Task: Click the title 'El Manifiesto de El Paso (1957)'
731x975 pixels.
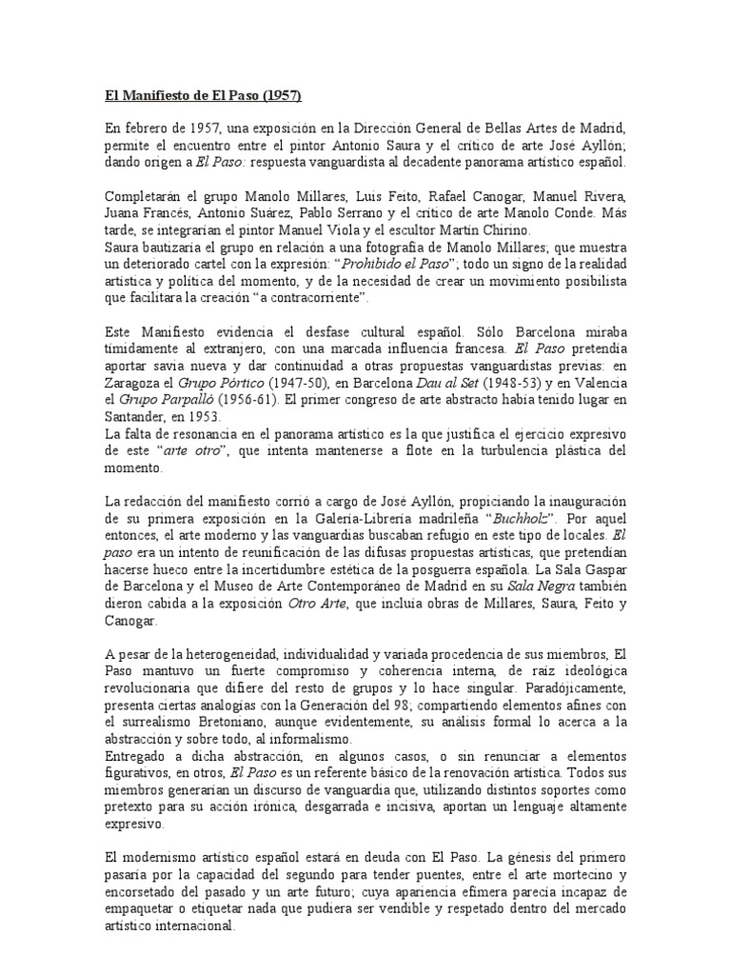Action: point(202,96)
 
